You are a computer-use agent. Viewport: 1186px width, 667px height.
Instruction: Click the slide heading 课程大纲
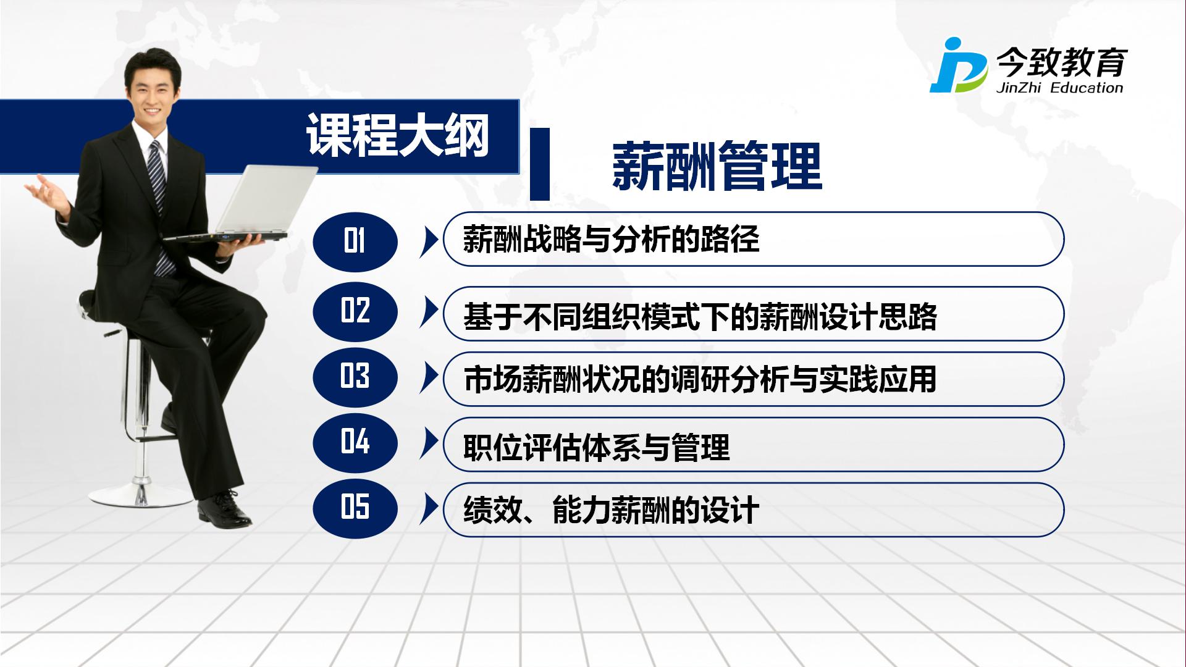[x=398, y=135]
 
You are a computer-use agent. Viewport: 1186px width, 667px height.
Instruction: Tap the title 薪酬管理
[x=717, y=166]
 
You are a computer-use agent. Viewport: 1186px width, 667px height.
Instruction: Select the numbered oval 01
[x=355, y=241]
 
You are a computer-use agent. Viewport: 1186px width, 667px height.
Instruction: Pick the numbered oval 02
[x=355, y=311]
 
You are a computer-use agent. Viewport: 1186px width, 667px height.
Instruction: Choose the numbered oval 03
[x=355, y=376]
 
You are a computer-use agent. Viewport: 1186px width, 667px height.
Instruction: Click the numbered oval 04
[x=355, y=442]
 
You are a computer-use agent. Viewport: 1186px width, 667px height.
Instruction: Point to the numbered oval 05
[x=355, y=508]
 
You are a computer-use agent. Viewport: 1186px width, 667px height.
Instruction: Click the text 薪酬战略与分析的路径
[x=611, y=239]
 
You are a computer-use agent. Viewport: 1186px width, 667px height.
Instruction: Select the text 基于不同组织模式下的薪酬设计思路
[x=700, y=317]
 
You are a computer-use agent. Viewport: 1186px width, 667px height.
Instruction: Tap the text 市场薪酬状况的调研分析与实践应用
[x=700, y=379]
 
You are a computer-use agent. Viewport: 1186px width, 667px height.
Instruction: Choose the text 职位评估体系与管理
[x=596, y=447]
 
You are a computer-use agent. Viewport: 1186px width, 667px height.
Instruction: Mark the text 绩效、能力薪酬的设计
[x=611, y=510]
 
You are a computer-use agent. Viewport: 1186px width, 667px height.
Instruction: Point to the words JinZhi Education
[x=1059, y=88]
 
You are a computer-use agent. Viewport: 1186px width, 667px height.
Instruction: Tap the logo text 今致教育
[x=1061, y=62]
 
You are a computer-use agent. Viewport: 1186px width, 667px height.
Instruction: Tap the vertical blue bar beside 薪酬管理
[x=540, y=164]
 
